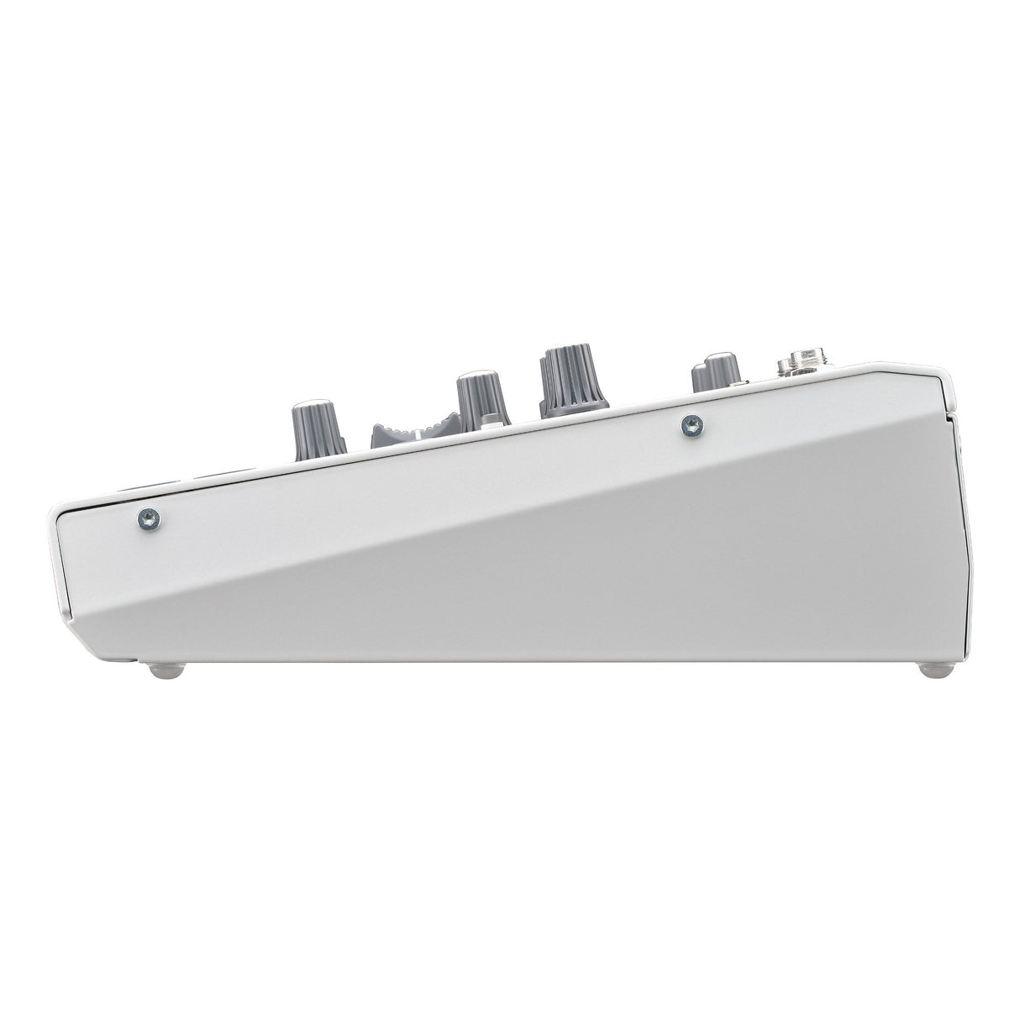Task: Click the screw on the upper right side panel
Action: click(693, 424)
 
